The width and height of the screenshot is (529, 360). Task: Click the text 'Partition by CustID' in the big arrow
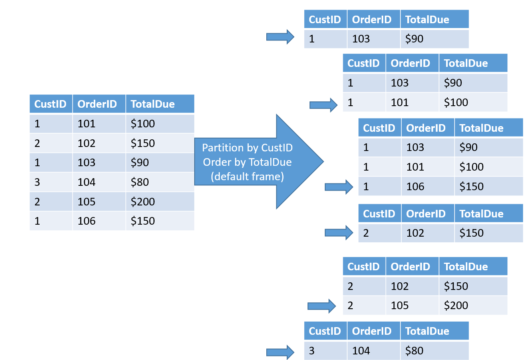click(247, 148)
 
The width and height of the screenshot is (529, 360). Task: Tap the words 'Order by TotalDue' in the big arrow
click(247, 162)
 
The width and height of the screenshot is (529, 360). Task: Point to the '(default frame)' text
click(247, 177)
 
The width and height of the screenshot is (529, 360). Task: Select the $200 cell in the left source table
click(143, 201)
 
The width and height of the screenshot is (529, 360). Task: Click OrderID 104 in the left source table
click(86, 182)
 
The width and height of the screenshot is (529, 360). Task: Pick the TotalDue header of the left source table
click(153, 104)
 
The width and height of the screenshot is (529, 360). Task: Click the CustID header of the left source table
click(50, 104)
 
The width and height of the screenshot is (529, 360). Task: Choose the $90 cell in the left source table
click(140, 163)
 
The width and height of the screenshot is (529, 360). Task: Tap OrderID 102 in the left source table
click(86, 143)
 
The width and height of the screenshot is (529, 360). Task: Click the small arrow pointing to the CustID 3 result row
click(280, 352)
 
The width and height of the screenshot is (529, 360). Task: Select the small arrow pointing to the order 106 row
click(338, 187)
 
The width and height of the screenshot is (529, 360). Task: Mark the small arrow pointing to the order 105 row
click(321, 306)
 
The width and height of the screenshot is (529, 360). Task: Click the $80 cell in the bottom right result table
click(414, 351)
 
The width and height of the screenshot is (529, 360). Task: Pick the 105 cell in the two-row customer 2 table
click(400, 306)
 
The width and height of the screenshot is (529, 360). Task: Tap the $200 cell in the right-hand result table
click(456, 306)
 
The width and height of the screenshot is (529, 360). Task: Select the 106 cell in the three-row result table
click(415, 187)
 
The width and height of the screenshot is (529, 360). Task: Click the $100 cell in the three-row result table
click(472, 167)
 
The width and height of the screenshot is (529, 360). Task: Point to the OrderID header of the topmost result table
click(372, 20)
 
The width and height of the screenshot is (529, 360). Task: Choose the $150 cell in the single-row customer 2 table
click(472, 233)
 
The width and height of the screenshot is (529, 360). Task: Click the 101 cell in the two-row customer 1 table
click(400, 103)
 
